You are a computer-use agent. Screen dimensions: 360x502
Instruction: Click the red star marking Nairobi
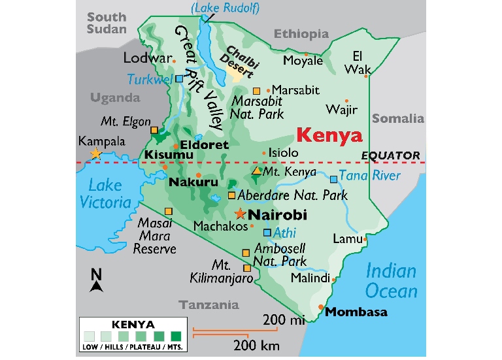(241, 214)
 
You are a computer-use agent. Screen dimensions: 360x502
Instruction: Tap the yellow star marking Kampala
(95, 154)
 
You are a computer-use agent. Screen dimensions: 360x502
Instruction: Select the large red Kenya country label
(329, 136)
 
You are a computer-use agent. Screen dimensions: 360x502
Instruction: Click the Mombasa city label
(356, 312)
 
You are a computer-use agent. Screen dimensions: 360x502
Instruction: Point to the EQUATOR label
(391, 155)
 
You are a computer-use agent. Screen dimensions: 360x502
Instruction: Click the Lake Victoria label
(105, 193)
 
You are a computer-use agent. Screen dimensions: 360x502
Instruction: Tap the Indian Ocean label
(391, 280)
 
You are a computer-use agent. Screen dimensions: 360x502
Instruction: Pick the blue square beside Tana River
(334, 178)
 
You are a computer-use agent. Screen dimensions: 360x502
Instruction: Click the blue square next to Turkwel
(179, 78)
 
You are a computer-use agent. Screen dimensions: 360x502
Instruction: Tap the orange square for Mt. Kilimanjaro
(247, 268)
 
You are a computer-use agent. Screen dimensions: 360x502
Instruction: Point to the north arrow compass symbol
(97, 280)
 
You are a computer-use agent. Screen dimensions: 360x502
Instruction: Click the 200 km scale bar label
(248, 344)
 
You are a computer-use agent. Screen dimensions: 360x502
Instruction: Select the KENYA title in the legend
(133, 325)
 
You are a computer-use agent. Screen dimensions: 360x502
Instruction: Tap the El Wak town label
(361, 62)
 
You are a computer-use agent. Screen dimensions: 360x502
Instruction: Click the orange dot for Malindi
(334, 279)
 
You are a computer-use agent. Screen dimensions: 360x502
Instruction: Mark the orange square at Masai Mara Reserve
(169, 211)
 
